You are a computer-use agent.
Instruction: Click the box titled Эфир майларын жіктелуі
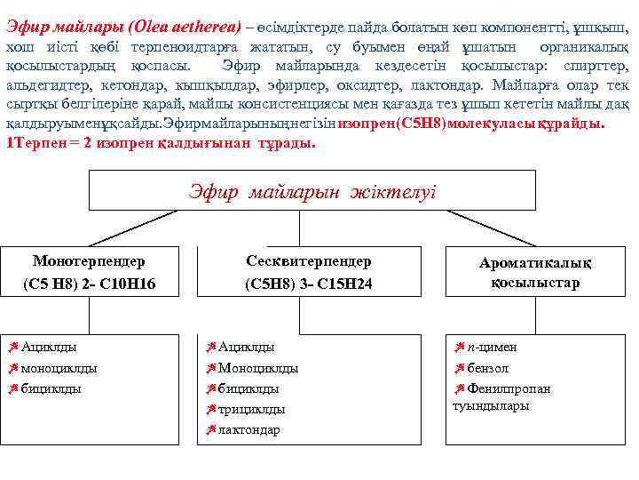coord(313,190)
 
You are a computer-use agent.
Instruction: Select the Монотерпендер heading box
coord(89,273)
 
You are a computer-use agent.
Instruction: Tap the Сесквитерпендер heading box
coord(308,273)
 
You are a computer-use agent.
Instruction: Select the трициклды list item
coord(251,410)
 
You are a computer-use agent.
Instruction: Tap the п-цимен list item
coord(492,347)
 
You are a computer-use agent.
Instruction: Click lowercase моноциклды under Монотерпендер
coord(59,368)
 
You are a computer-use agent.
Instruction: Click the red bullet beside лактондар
coord(211,430)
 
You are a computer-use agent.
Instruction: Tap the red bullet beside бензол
coord(460,368)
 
